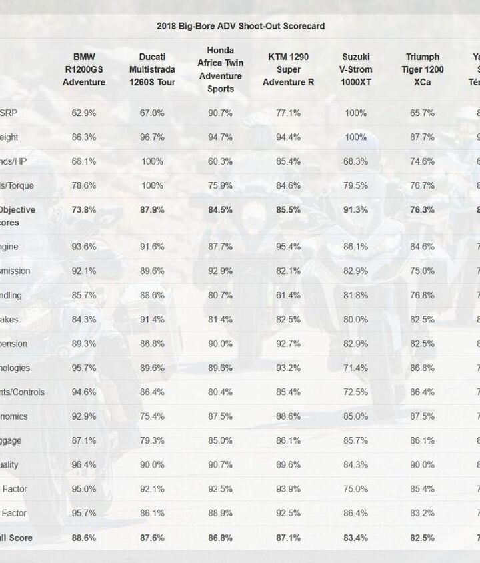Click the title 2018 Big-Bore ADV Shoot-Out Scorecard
click(x=241, y=26)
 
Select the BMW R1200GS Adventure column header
click(x=84, y=70)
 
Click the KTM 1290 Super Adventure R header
click(x=288, y=70)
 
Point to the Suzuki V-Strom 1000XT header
click(x=355, y=70)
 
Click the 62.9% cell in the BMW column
click(x=84, y=113)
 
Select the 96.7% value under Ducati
click(x=152, y=137)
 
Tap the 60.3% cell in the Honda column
click(x=221, y=161)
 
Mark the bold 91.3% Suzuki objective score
click(x=355, y=209)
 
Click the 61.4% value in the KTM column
click(x=288, y=295)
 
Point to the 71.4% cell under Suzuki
click(x=355, y=368)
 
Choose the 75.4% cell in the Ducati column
click(x=152, y=416)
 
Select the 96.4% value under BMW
click(x=84, y=465)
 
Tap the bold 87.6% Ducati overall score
click(x=152, y=538)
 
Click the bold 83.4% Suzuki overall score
click(x=355, y=538)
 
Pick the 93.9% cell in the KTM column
click(x=288, y=489)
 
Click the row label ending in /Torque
click(x=17, y=185)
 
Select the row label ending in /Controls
click(x=23, y=392)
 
